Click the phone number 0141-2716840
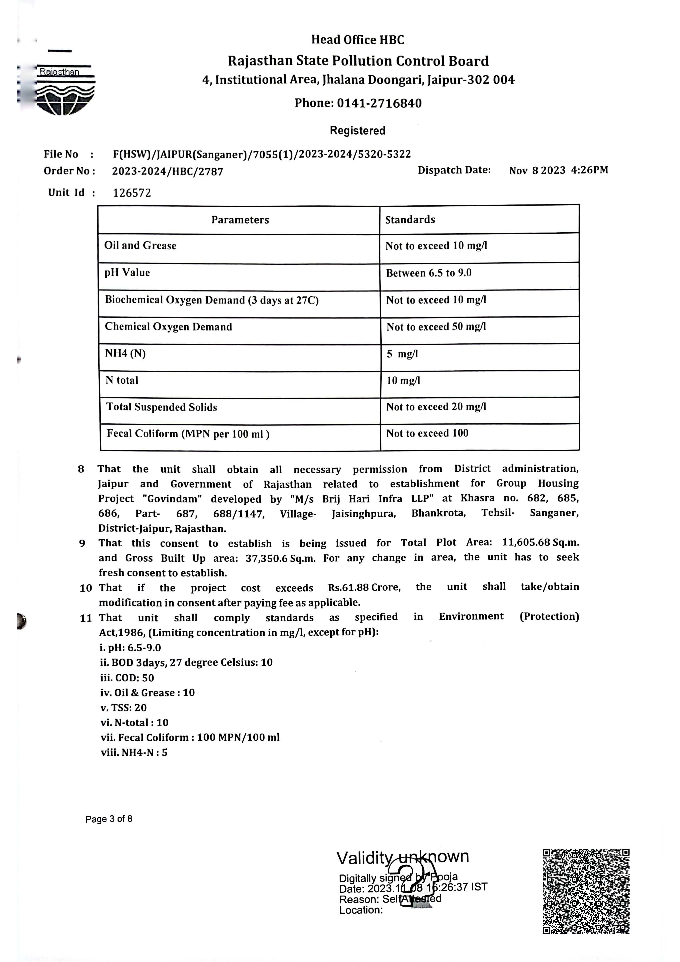pos(379,103)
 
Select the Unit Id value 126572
pos(132,193)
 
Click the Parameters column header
pos(240,220)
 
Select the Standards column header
pos(410,220)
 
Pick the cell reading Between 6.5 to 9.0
pos(429,273)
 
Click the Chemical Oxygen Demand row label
pos(168,327)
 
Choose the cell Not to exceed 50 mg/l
pos(436,327)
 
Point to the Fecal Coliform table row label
pos(188,434)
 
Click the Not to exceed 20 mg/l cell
pos(436,407)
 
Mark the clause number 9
pos(82,544)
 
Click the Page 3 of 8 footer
pos(109,819)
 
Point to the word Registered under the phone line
pos(357,131)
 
